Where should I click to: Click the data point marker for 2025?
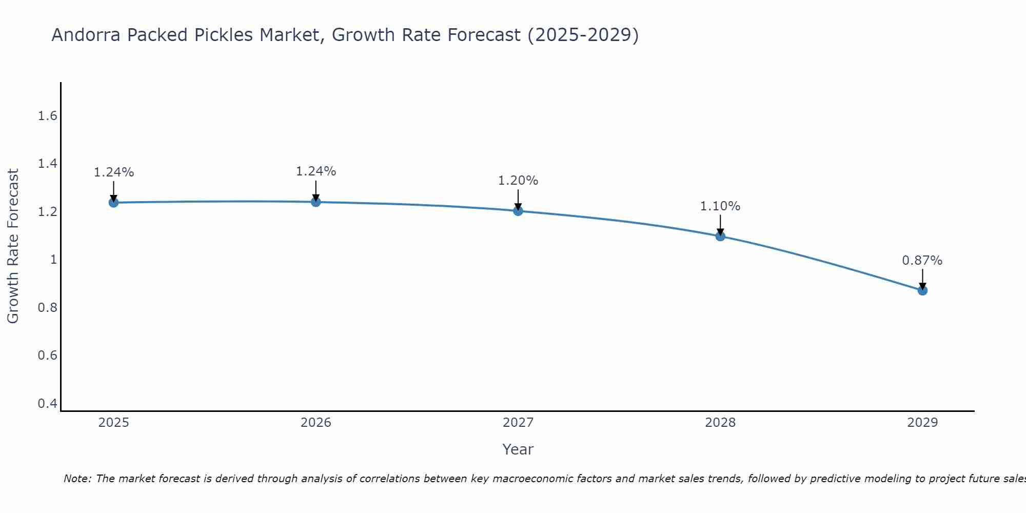[x=113, y=203]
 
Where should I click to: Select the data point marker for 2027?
[x=518, y=211]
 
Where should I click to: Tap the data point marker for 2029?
[x=922, y=290]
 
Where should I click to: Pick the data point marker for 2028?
[x=720, y=236]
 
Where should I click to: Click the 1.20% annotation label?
[x=518, y=181]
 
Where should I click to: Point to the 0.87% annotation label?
[x=922, y=261]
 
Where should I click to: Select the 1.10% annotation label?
[x=720, y=206]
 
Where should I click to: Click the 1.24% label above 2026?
[x=315, y=171]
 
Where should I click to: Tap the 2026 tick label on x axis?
[x=315, y=423]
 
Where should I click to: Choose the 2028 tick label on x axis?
[x=720, y=423]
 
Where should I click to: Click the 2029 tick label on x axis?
[x=922, y=423]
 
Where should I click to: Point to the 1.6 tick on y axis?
[x=47, y=116]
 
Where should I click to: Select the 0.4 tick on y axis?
[x=47, y=404]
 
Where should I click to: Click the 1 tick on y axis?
[x=53, y=260]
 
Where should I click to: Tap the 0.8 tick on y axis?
[x=47, y=308]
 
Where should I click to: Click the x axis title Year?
[x=518, y=449]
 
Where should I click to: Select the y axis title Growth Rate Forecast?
[x=13, y=246]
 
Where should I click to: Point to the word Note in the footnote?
[x=77, y=479]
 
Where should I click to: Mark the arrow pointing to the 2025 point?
[x=113, y=191]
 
